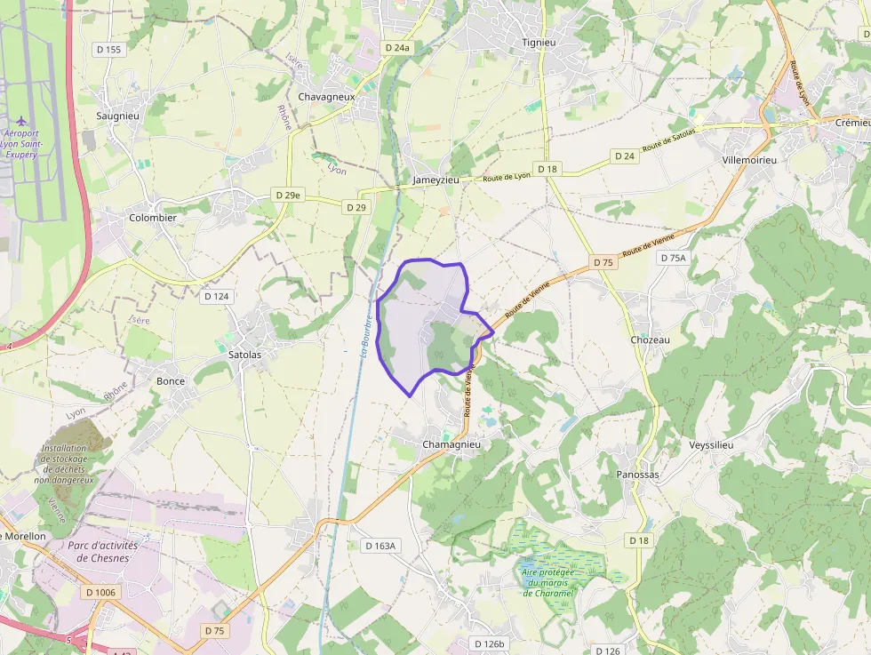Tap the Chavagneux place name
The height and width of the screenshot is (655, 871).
(x=326, y=97)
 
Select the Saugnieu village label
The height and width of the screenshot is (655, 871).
(x=117, y=116)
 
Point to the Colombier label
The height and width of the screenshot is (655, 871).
(x=153, y=218)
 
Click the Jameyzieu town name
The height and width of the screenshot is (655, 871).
(x=435, y=180)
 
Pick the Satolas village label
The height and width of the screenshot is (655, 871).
(x=245, y=354)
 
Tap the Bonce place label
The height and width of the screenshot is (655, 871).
(x=171, y=381)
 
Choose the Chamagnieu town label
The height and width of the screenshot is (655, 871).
(x=451, y=444)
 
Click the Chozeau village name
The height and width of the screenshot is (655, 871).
(x=649, y=340)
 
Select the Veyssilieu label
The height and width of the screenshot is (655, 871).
(x=711, y=444)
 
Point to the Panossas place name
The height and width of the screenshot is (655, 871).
(x=638, y=475)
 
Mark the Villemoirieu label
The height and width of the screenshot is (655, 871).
(x=750, y=160)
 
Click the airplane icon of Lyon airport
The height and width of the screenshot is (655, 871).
(x=21, y=120)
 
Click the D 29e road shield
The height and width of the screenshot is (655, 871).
(x=287, y=195)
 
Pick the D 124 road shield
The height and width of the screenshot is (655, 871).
(x=216, y=296)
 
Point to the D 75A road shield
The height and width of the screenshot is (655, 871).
(x=674, y=258)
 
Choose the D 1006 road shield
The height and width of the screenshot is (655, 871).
(x=100, y=591)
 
